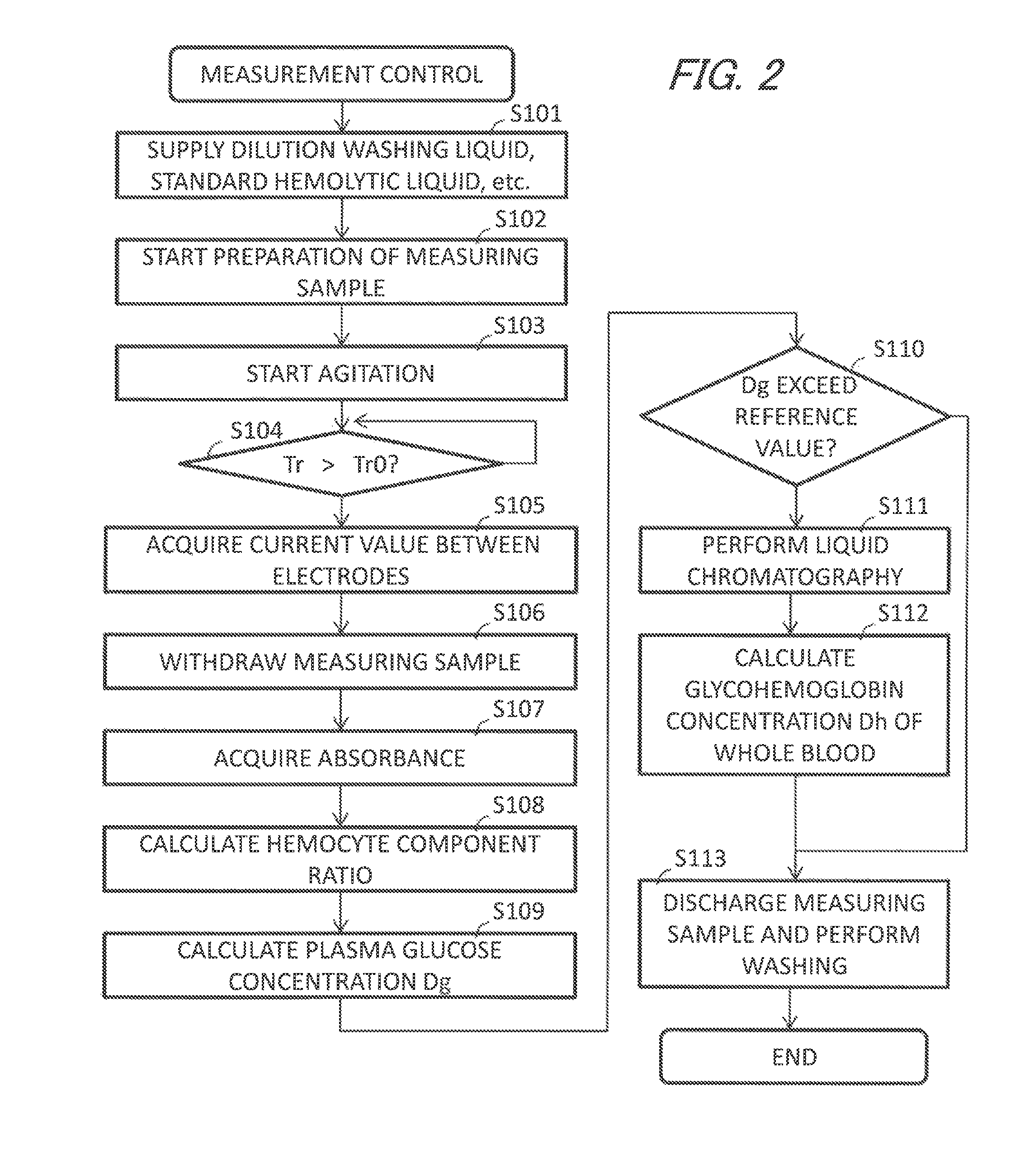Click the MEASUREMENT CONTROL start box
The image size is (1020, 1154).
[341, 74]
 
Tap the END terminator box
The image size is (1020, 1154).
[794, 1056]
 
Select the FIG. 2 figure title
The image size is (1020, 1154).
[727, 75]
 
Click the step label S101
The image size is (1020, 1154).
[535, 114]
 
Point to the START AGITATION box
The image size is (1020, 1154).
[341, 373]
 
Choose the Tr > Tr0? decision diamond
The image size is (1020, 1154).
[341, 464]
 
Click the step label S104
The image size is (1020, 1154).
[256, 431]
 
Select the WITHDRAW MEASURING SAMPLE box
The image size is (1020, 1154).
[340, 662]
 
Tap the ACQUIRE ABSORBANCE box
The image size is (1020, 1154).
[340, 758]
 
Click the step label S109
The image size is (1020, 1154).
[518, 911]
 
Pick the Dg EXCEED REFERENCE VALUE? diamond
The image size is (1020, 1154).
[795, 417]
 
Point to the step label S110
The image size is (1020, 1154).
[899, 349]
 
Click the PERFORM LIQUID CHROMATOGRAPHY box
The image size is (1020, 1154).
[794, 560]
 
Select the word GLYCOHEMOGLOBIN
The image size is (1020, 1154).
[794, 689]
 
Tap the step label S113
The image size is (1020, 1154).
[700, 858]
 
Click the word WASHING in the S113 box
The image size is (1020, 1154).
[794, 966]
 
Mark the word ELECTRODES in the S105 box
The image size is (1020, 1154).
[341, 576]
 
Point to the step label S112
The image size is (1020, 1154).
[902, 613]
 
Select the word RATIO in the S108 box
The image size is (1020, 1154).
[340, 875]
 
